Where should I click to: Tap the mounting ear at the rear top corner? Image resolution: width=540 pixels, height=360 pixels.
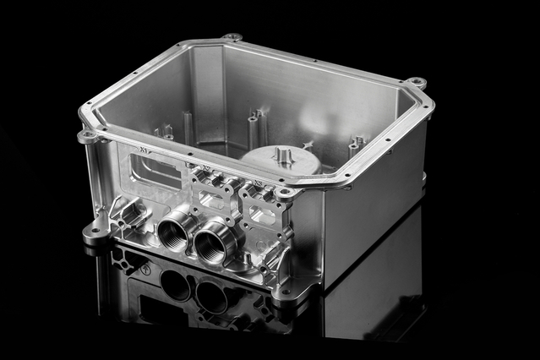(232, 37)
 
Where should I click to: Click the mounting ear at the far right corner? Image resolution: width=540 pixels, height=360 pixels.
(416, 83)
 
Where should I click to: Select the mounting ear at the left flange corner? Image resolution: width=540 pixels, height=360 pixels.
(86, 135)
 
